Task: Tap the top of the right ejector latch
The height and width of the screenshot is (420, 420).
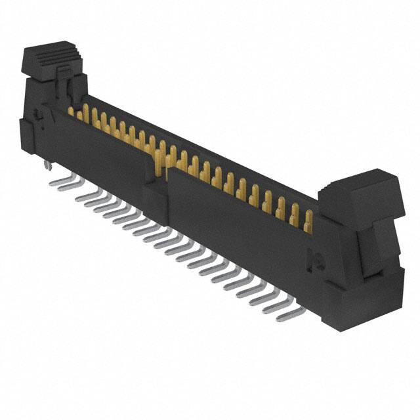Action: click(x=360, y=183)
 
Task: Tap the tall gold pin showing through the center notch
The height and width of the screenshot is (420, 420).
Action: click(x=159, y=161)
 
